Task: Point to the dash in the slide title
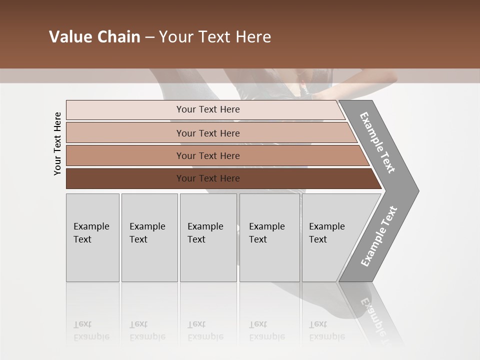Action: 149,37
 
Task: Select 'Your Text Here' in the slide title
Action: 215,37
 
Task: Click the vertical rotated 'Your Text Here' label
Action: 57,143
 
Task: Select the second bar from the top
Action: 207,133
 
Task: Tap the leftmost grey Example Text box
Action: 92,237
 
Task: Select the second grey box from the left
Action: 149,237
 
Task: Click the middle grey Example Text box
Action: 208,237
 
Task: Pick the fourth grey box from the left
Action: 269,237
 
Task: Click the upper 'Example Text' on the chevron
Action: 377,142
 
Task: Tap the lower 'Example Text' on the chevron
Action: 378,236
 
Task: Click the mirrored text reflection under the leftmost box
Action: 91,330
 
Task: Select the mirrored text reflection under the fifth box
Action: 326,330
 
